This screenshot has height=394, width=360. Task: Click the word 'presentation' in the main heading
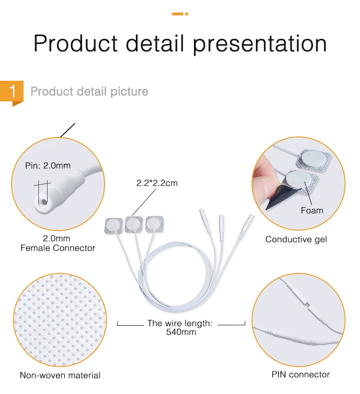[x=260, y=44]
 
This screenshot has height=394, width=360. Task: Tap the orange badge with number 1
[x=13, y=91]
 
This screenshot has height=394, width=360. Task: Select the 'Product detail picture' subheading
[x=89, y=91]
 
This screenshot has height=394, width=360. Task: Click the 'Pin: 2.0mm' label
[x=48, y=165]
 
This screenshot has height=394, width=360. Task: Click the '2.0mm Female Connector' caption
[x=58, y=244]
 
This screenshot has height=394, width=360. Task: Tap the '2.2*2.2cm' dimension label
[x=157, y=183]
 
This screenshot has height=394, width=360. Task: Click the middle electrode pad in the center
[x=134, y=223]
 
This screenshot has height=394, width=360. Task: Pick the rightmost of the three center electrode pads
[x=155, y=223]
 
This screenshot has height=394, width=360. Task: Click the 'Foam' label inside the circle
[x=312, y=210]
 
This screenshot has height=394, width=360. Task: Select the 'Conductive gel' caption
[x=296, y=239]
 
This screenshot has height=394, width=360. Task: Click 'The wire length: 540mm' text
[x=180, y=327]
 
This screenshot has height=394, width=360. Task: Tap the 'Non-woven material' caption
[x=60, y=375]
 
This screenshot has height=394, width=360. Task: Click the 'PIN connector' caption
[x=300, y=374]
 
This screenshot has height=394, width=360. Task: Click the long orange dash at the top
[x=177, y=14]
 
